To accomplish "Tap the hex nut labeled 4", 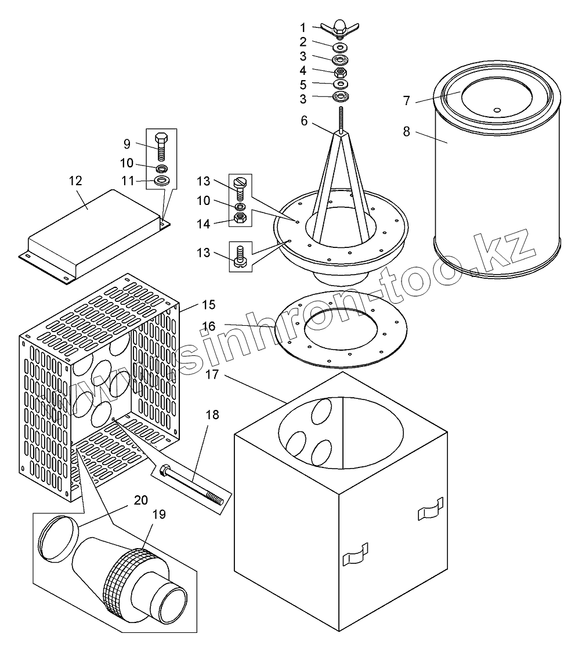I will [x=340, y=72].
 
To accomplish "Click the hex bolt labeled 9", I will [x=162, y=146].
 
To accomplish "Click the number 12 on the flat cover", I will [x=76, y=181].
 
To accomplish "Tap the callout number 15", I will [x=208, y=304].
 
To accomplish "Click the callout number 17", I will [x=212, y=375].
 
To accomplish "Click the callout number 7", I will [x=407, y=100].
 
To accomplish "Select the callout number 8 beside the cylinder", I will [x=407, y=132].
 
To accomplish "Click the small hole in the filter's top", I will [x=496, y=109].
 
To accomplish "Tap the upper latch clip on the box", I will [x=430, y=509].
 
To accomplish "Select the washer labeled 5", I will [x=340, y=84].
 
